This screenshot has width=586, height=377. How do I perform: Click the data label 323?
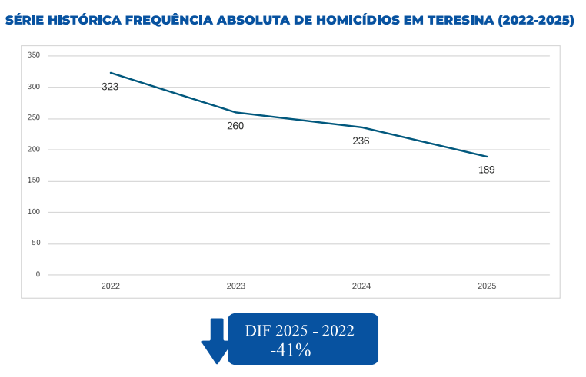[110, 87]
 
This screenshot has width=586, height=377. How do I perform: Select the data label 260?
[235, 126]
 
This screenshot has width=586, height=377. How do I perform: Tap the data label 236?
[361, 141]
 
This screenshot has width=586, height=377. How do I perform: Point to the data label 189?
[486, 170]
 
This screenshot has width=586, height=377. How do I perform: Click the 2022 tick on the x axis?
[110, 286]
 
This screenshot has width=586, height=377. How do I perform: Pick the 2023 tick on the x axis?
[235, 286]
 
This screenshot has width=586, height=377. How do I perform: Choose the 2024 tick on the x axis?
[361, 286]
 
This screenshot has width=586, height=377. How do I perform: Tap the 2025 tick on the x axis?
[486, 286]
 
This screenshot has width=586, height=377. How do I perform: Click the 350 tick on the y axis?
[33, 55]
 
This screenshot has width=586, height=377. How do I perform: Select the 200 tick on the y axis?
[33, 149]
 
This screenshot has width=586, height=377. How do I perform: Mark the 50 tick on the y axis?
[35, 243]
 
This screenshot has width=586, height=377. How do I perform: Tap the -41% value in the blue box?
[290, 350]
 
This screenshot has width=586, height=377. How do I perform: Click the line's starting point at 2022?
[110, 73]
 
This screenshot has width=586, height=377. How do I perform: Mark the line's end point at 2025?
[487, 157]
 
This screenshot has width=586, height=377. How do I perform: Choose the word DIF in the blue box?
[259, 331]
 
